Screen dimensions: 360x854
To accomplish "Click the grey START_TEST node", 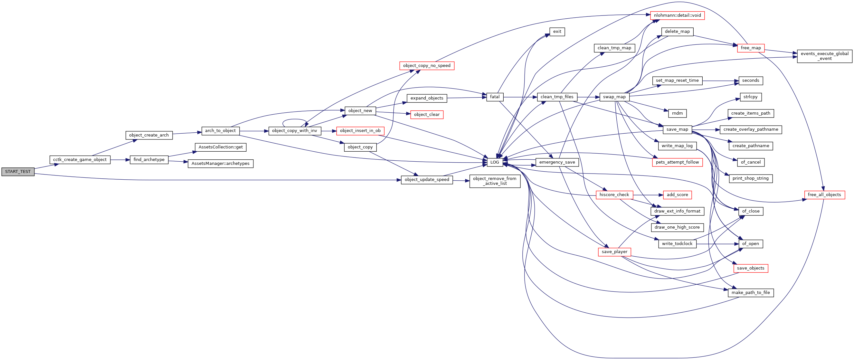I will click(18, 172).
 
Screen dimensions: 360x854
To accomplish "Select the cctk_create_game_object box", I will click(80, 160).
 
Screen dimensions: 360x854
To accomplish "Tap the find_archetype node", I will click(149, 160).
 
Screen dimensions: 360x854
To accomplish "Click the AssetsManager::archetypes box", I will click(221, 164).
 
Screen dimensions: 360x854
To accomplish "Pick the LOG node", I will click(495, 162).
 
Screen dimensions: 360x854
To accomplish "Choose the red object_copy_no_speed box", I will click(427, 66).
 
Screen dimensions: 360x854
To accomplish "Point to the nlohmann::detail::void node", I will click(677, 15).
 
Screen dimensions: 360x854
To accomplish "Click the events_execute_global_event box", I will click(824, 56).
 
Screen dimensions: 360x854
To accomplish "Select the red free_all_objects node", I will click(824, 195).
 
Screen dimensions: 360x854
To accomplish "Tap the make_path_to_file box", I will click(751, 293).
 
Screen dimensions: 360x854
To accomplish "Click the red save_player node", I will click(614, 252).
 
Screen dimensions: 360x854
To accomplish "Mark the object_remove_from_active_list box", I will click(495, 181).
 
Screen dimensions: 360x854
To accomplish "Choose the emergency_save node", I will click(557, 162).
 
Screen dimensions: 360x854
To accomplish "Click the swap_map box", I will click(614, 97).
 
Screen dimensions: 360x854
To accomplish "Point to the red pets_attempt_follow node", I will click(677, 162).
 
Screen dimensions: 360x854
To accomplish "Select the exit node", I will click(557, 32).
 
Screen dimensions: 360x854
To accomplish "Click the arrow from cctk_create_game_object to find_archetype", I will click(120, 160).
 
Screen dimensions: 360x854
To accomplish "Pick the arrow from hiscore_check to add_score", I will click(648, 195).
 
